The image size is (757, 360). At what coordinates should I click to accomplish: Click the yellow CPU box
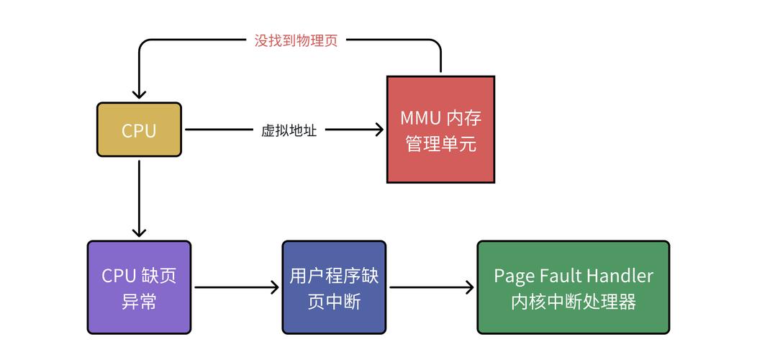click(x=139, y=130)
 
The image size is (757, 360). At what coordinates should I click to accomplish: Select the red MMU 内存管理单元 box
click(x=440, y=129)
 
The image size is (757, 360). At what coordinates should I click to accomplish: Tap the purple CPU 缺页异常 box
click(x=139, y=287)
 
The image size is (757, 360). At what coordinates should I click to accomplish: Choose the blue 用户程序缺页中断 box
click(x=333, y=287)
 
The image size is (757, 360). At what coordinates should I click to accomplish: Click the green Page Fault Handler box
click(x=573, y=287)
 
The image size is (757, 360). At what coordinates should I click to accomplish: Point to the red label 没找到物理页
click(x=296, y=40)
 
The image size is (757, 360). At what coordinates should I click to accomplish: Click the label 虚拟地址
click(x=289, y=130)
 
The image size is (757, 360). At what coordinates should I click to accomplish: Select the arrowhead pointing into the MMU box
click(x=378, y=130)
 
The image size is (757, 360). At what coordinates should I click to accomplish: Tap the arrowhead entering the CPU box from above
click(x=139, y=94)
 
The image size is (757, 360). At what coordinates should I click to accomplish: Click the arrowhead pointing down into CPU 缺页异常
click(x=139, y=232)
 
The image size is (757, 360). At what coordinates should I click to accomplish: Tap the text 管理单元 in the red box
click(x=440, y=143)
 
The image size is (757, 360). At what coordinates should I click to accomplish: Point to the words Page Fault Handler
click(x=573, y=276)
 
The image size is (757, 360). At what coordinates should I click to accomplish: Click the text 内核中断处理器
click(x=573, y=301)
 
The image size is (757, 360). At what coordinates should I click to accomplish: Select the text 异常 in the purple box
click(x=139, y=301)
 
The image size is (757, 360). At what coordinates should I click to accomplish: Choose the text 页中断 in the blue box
click(x=333, y=301)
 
